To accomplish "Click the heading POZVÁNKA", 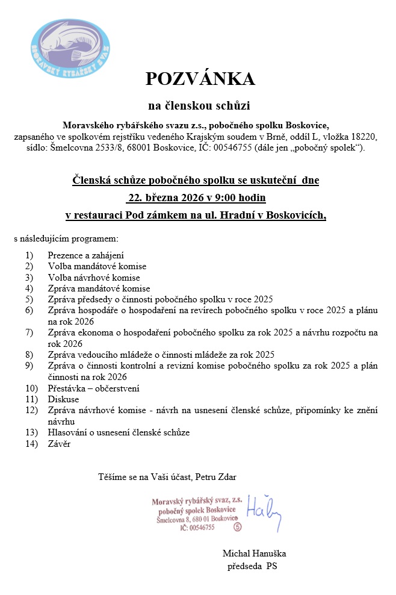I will (200, 79).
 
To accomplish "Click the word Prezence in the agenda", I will (67, 255).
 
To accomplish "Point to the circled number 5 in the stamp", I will (237, 526).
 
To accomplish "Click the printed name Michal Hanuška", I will (255, 553).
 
